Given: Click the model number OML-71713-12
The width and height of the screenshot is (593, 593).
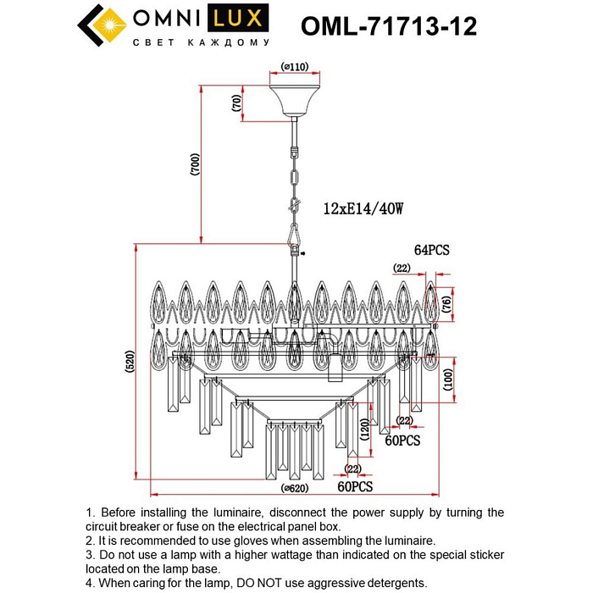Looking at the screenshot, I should click(x=389, y=27).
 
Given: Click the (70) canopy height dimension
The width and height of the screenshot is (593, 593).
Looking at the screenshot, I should click(x=236, y=103).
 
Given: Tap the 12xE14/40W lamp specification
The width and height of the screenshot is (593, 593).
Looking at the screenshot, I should click(x=364, y=208).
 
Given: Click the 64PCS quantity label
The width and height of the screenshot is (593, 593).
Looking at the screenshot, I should click(x=431, y=250).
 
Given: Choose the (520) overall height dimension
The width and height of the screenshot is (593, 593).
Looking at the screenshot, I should click(x=130, y=365).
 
